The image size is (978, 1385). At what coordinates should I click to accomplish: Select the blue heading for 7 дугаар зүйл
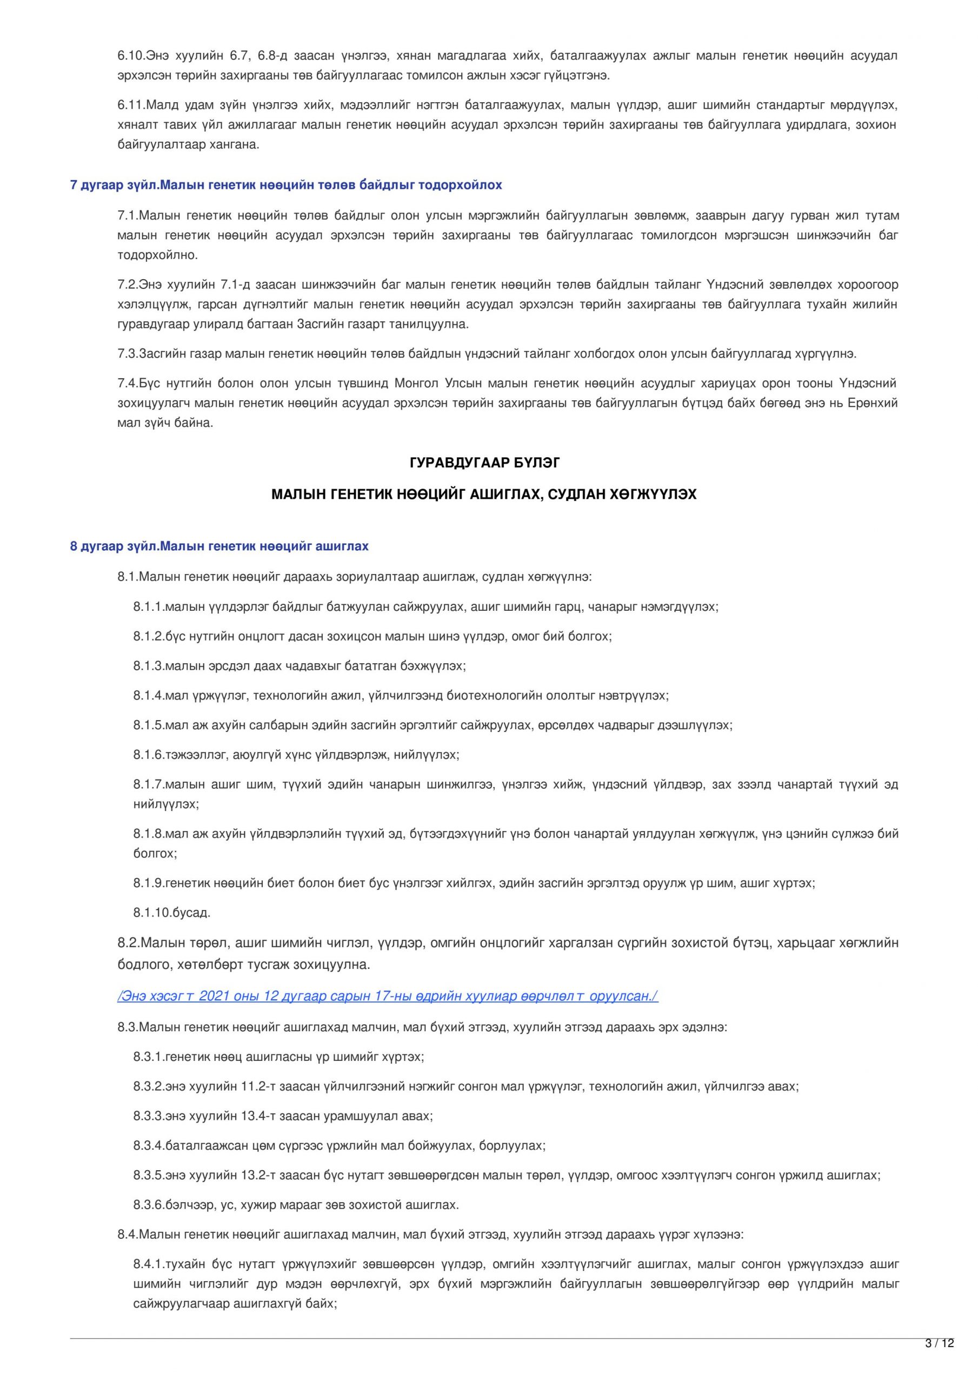point(286,185)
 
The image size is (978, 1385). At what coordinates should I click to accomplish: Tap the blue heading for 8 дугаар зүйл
point(219,546)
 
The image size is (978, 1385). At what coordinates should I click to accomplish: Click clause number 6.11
point(129,105)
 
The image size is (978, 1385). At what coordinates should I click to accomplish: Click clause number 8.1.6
point(147,755)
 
